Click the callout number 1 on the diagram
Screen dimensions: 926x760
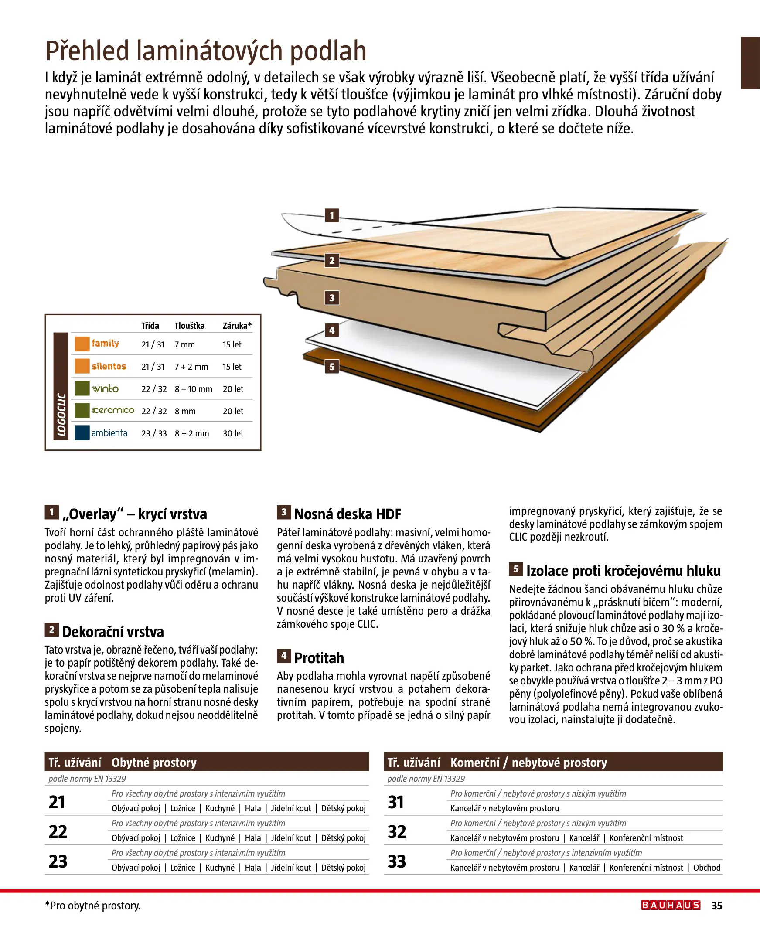[x=332, y=215]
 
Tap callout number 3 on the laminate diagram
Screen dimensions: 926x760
[x=332, y=298]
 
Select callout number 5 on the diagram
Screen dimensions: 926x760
[x=332, y=366]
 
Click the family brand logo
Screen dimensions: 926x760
[x=105, y=344]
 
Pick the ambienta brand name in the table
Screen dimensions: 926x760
[x=109, y=433]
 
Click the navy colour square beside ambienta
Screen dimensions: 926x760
[x=82, y=433]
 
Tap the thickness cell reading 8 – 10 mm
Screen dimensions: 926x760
[x=193, y=388]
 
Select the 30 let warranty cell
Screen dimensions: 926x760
[x=233, y=433]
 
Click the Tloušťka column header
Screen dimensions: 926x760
[x=190, y=326]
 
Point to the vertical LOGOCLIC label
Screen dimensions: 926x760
[x=61, y=415]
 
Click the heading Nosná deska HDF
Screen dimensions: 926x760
[x=347, y=514]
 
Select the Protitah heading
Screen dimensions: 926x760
[x=319, y=658]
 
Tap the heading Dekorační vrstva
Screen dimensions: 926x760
[x=113, y=631]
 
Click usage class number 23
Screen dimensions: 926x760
[x=58, y=861]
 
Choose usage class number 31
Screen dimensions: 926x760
[x=396, y=802]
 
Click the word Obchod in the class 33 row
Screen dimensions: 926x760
[x=707, y=867]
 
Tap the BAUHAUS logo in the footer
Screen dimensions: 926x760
[x=671, y=905]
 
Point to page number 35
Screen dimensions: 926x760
[x=717, y=906]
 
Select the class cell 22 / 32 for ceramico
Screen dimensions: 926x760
[x=154, y=411]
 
